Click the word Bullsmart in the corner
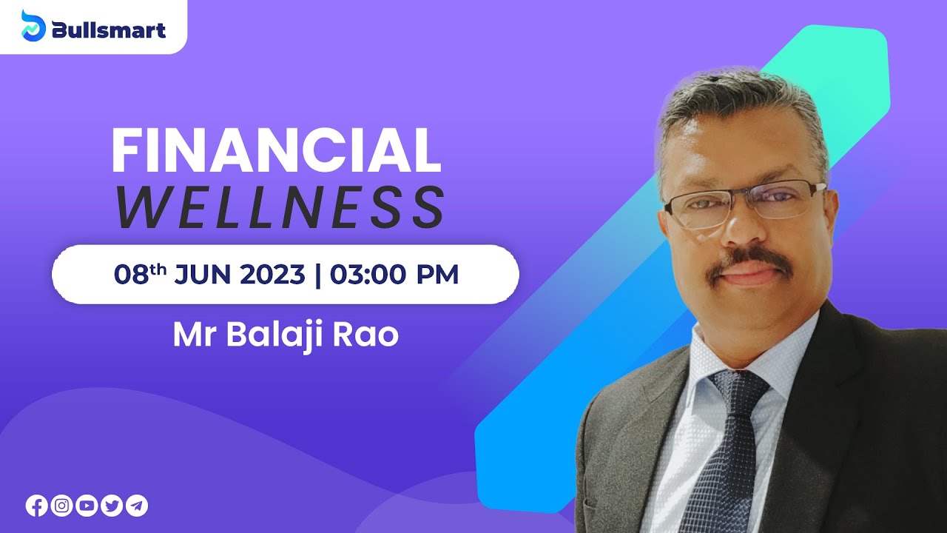pyautogui.click(x=108, y=30)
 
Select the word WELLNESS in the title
pyautogui.click(x=280, y=208)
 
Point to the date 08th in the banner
pyautogui.click(x=140, y=275)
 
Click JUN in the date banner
pyautogui.click(x=202, y=275)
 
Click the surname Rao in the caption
pyautogui.click(x=370, y=335)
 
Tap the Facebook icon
pyautogui.click(x=36, y=506)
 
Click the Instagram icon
pyautogui.click(x=62, y=506)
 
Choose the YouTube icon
pyautogui.click(x=87, y=506)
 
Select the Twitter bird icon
pyautogui.click(x=112, y=506)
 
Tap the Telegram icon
pyautogui.click(x=137, y=506)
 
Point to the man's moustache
pyautogui.click(x=746, y=261)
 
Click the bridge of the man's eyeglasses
pyautogui.click(x=747, y=195)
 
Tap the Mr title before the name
pyautogui.click(x=195, y=335)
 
